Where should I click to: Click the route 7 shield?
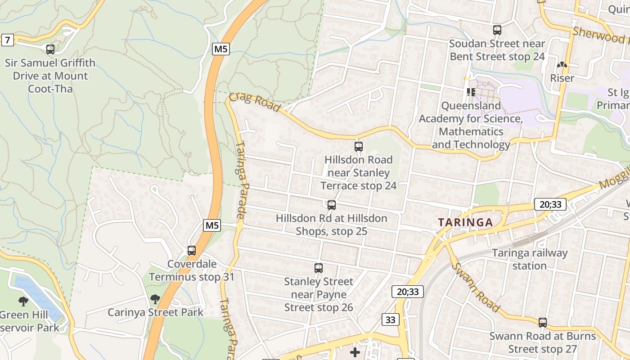coord(7,40)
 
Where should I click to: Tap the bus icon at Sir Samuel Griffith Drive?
coord(50,49)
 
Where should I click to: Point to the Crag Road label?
coord(255,103)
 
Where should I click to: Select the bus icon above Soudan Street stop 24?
coord(497,30)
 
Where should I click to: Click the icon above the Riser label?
coord(562,65)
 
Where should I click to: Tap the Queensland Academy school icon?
coord(471,92)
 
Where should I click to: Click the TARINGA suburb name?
coord(465,222)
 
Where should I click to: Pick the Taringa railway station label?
coord(530,259)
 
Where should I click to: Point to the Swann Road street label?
coord(476,287)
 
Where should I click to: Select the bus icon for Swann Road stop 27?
coord(543,323)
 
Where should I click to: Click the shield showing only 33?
coord(390,319)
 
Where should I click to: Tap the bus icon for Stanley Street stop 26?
coord(319,268)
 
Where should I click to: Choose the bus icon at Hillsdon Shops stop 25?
coord(332,205)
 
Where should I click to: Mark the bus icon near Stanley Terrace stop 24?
coord(359,147)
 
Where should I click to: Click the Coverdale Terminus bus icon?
coord(192,251)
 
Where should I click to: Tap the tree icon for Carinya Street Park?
coord(155,299)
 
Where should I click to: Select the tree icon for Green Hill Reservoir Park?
coord(23,301)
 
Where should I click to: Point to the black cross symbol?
coord(355,352)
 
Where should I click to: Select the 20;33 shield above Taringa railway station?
coord(550,204)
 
